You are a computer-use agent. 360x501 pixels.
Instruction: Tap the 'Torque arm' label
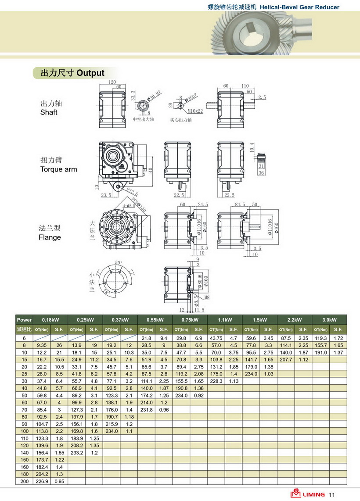click(58, 169)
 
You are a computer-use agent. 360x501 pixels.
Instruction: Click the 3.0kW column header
click(329, 319)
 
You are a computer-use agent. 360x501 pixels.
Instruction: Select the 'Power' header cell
click(24, 319)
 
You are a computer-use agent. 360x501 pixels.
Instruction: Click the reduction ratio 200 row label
click(24, 481)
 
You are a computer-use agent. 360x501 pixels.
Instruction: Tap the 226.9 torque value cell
click(42, 481)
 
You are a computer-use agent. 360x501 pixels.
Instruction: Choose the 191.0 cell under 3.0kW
click(320, 352)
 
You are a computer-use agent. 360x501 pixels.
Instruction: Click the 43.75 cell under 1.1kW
click(216, 338)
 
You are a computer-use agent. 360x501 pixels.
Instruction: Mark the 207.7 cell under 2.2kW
click(286, 359)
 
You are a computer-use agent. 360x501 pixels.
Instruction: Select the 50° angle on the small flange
click(119, 263)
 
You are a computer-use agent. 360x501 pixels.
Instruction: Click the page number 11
click(331, 494)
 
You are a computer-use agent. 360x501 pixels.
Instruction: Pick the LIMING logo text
click(313, 494)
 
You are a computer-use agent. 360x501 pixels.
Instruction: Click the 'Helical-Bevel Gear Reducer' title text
click(299, 7)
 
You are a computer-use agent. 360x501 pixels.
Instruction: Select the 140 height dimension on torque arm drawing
click(150, 171)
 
